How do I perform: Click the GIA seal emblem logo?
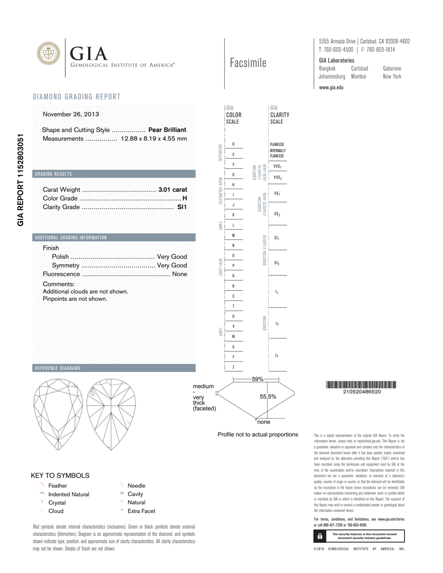tap(48, 53)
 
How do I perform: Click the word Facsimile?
tap(248, 63)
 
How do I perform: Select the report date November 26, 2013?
tap(71, 114)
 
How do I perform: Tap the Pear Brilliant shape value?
tap(167, 130)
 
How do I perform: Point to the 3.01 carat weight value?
tap(172, 189)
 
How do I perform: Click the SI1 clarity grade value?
tap(182, 207)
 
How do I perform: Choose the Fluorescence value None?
tap(179, 274)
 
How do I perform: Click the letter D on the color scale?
tap(233, 144)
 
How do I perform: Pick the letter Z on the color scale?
tap(233, 367)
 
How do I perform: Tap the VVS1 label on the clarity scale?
tap(277, 166)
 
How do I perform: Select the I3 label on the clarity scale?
tap(277, 356)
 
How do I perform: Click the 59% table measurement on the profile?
tap(257, 379)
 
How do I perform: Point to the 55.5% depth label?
tap(268, 397)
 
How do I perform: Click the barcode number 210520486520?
tap(362, 392)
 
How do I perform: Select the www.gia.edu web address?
tap(331, 88)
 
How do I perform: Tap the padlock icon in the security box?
tap(320, 536)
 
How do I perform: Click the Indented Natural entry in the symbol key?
tap(69, 494)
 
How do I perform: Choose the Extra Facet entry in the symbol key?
tap(141, 511)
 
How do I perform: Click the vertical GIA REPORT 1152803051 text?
tap(21, 180)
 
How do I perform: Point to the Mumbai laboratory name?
tap(358, 77)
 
